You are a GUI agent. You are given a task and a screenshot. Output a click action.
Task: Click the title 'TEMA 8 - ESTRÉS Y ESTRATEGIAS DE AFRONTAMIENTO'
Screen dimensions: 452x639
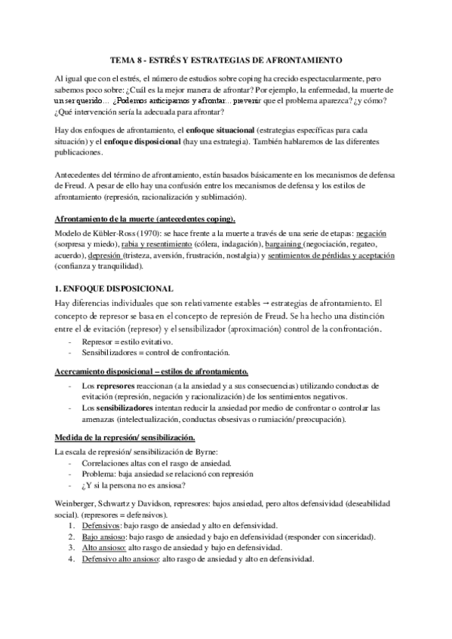(226, 59)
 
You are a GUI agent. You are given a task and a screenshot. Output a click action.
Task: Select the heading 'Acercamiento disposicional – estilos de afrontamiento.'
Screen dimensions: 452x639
(152, 371)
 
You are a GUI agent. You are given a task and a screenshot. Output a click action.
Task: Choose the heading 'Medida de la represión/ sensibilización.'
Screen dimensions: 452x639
(125, 438)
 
